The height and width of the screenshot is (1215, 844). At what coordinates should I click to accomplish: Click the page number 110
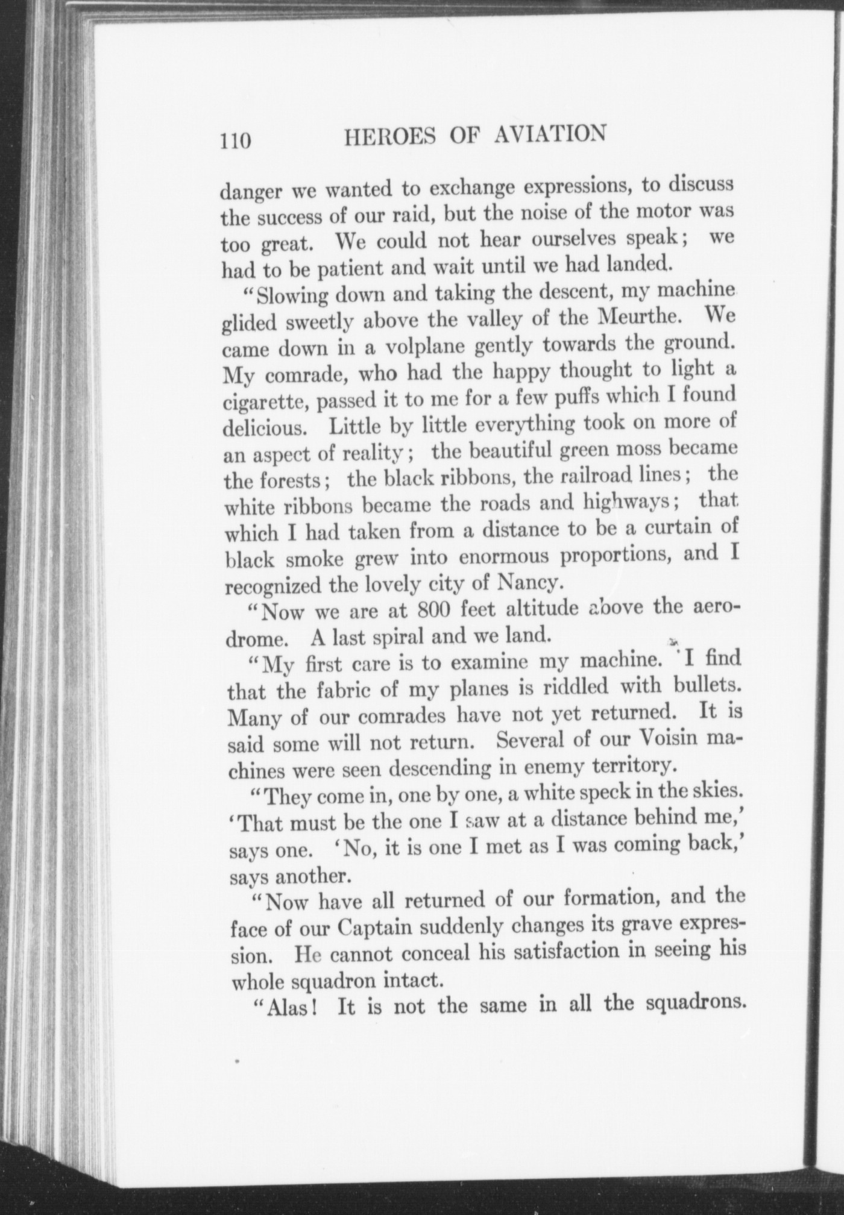coord(235,140)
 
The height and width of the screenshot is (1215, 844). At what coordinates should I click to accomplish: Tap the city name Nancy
coord(530,582)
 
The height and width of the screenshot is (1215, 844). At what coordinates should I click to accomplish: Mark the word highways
coord(632,503)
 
